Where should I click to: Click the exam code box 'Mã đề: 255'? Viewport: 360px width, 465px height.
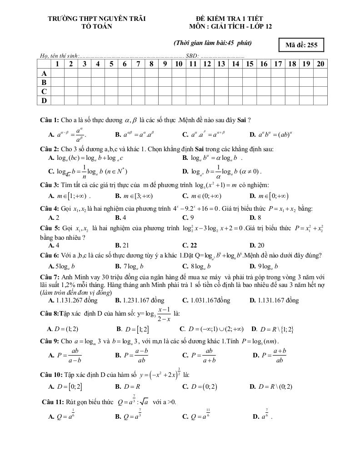301,45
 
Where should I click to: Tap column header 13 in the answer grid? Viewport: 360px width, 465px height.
221,64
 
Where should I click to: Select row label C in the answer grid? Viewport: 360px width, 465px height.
44,91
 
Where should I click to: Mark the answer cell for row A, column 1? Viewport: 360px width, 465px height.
57,73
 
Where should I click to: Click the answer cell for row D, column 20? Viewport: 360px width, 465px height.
320,100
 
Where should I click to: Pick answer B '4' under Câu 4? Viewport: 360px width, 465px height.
120,218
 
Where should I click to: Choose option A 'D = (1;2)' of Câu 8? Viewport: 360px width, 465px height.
63,329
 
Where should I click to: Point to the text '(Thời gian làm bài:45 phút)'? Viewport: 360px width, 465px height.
213,43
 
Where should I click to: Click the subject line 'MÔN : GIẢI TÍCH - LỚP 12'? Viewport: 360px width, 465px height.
232,26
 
